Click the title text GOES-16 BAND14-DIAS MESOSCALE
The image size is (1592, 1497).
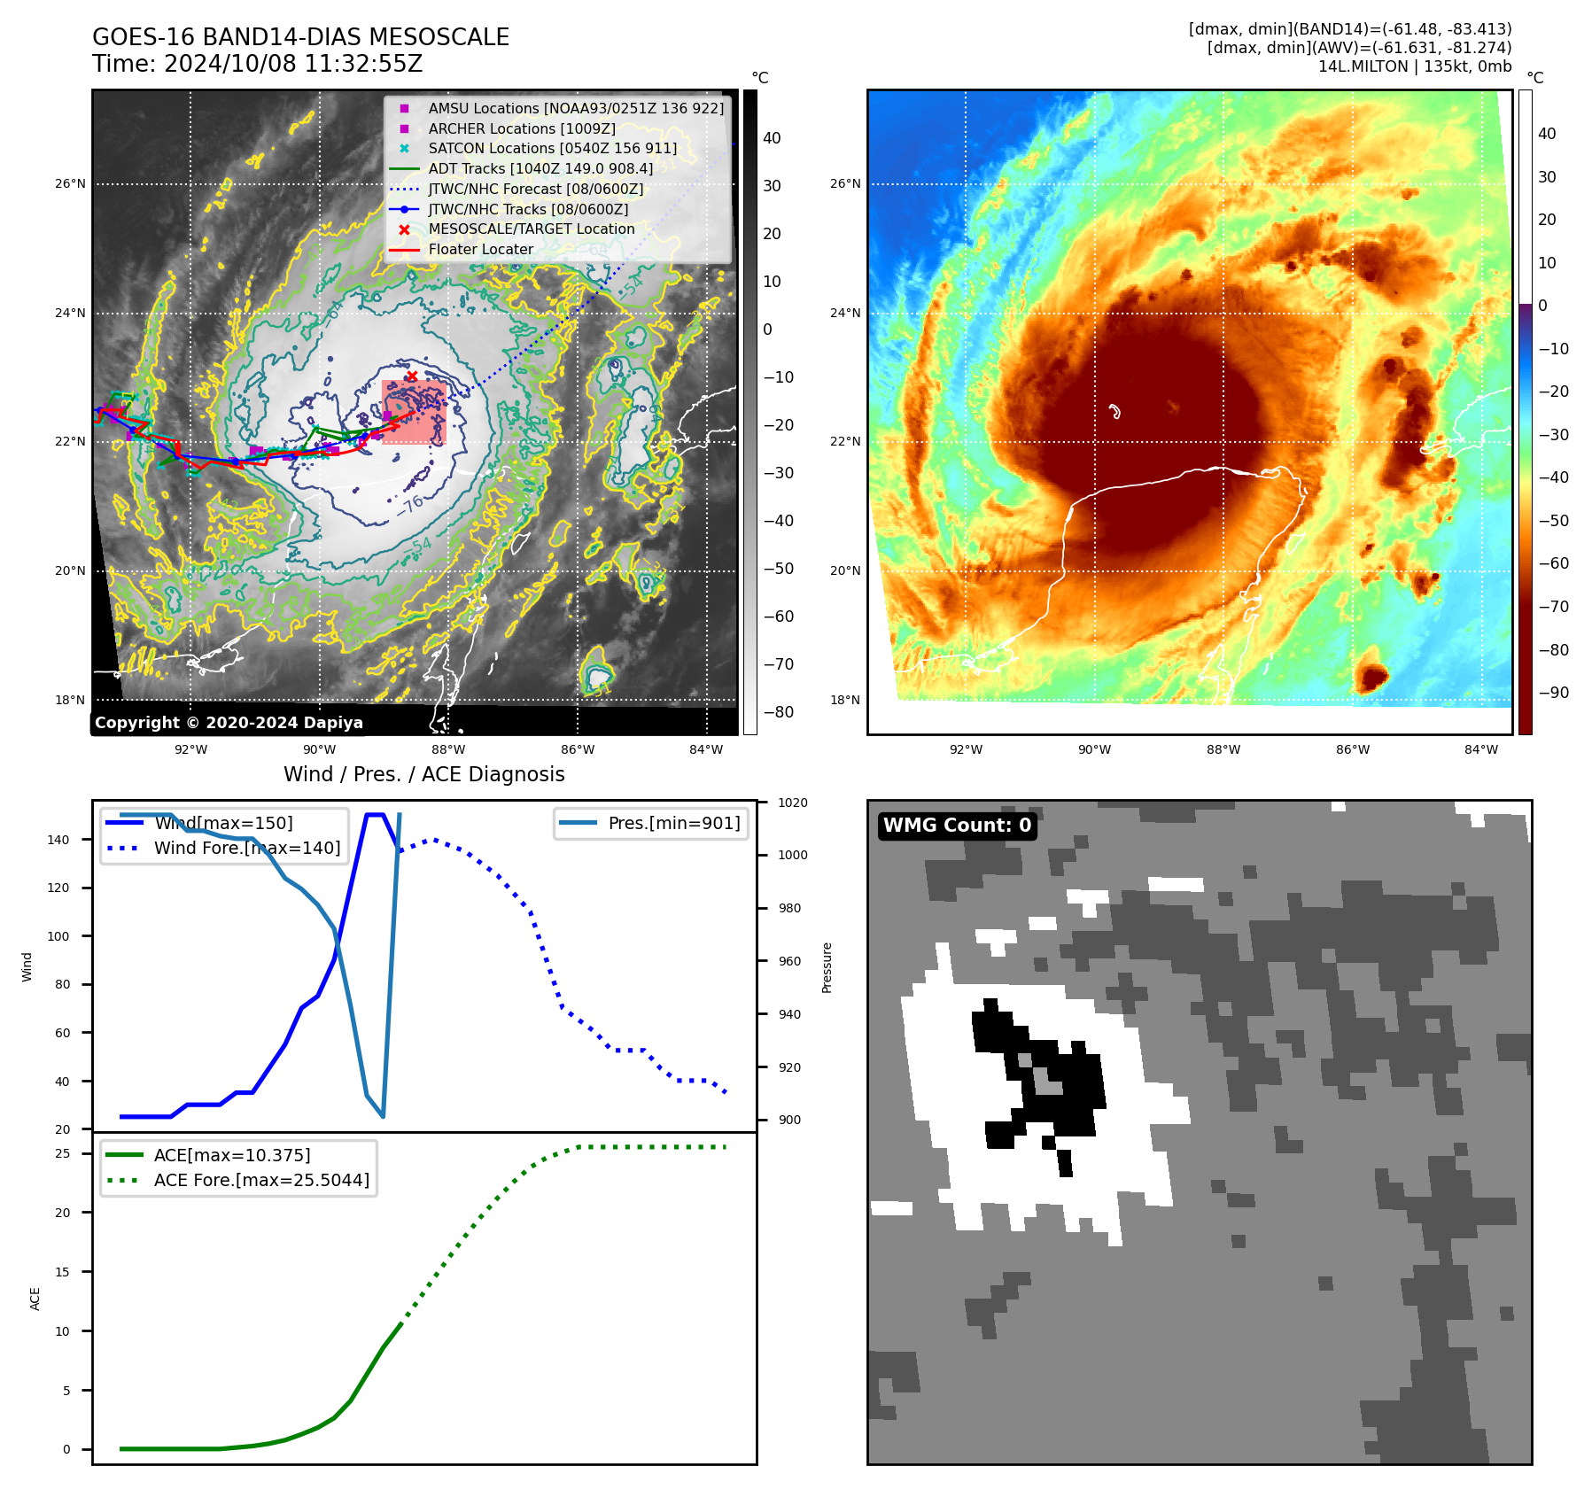click(x=300, y=37)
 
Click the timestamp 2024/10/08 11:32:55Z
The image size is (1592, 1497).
click(x=292, y=64)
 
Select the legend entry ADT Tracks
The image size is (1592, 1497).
click(x=540, y=168)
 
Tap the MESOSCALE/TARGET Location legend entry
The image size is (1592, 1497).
click(x=532, y=229)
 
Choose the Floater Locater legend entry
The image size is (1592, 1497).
click(x=480, y=249)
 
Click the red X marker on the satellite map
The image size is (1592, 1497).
click(x=412, y=377)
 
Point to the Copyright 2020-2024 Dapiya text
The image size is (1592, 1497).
click(x=229, y=723)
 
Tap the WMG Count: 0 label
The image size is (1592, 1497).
click(x=957, y=826)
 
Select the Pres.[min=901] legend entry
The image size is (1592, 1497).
click(x=673, y=823)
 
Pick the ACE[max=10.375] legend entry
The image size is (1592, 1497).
click(x=231, y=1155)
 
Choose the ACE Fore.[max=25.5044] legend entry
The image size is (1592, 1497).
click(x=261, y=1180)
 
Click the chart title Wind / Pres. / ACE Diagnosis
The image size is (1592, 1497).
click(x=423, y=774)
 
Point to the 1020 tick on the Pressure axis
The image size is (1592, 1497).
click(x=792, y=803)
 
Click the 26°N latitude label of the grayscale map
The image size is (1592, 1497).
click(x=70, y=184)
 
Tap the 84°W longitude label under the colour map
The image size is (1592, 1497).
click(x=1480, y=749)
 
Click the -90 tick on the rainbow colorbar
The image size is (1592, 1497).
click(x=1553, y=693)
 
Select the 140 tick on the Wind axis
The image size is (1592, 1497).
click(x=58, y=840)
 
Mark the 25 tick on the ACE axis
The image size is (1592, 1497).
click(x=62, y=1153)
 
